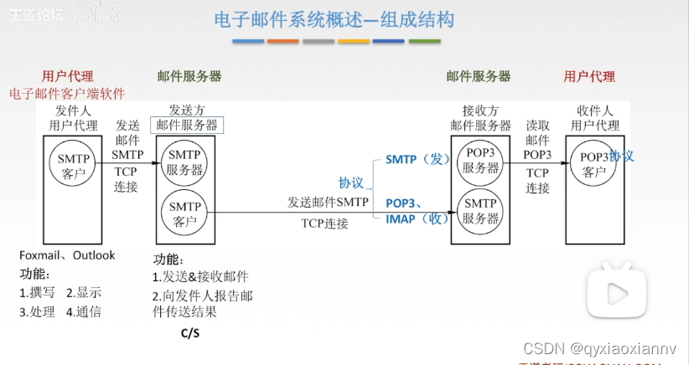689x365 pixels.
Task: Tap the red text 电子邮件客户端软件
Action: [x=67, y=94]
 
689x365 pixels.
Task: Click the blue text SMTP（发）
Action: [x=418, y=159]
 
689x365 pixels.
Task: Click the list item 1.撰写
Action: [x=37, y=292]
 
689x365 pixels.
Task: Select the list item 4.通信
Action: [x=84, y=312]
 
